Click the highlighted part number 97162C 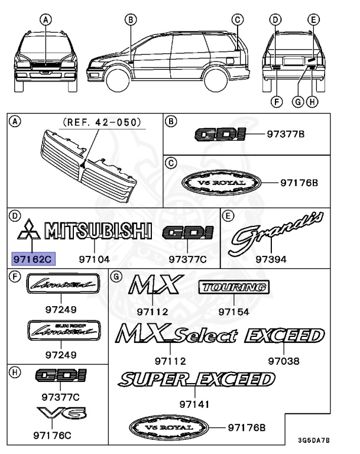click(x=32, y=258)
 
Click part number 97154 click(x=233, y=312)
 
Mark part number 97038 click(x=284, y=360)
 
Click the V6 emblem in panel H click(x=60, y=414)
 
